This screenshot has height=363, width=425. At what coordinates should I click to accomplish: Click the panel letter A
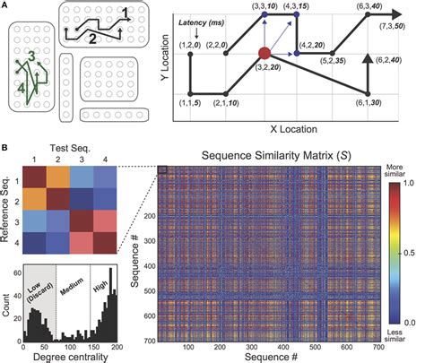[x=6, y=6]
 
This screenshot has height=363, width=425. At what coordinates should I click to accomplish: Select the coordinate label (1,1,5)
[x=190, y=104]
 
